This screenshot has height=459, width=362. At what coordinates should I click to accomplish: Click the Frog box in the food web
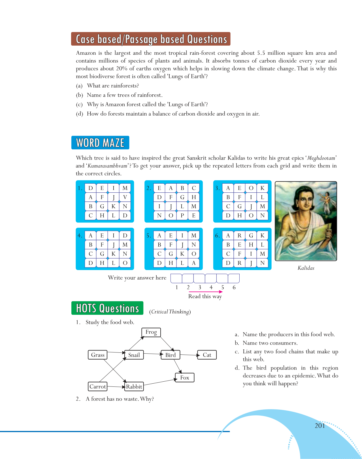tap(151, 332)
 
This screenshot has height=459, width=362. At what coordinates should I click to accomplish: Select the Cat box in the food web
tap(207, 355)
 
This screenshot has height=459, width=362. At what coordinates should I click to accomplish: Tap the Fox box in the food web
tap(185, 377)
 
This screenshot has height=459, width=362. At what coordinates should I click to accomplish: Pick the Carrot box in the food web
tap(98, 386)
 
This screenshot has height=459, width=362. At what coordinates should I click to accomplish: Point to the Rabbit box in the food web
tap(134, 386)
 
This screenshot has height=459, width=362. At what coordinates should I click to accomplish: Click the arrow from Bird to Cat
tap(189, 355)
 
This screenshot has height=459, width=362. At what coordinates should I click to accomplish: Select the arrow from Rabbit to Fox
tap(159, 382)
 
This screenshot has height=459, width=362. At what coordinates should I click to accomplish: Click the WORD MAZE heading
tap(100, 143)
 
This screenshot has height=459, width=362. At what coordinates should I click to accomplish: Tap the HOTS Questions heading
tap(107, 308)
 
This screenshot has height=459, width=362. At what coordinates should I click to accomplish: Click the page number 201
tap(320, 426)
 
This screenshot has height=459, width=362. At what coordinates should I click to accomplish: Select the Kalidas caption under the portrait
tap(306, 268)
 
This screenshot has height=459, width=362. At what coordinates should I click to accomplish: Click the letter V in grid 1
tap(125, 197)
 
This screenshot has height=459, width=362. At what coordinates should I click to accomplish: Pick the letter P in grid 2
tap(182, 215)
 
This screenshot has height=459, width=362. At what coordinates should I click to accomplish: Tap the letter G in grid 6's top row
tap(251, 235)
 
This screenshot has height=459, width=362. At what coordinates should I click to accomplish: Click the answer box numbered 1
tap(176, 279)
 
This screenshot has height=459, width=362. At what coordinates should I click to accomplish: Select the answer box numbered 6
tap(234, 279)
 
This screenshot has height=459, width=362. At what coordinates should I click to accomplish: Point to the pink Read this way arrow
tap(206, 292)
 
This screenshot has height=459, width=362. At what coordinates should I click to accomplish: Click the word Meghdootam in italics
tap(321, 158)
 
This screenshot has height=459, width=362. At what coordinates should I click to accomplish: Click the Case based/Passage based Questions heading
tap(151, 39)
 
